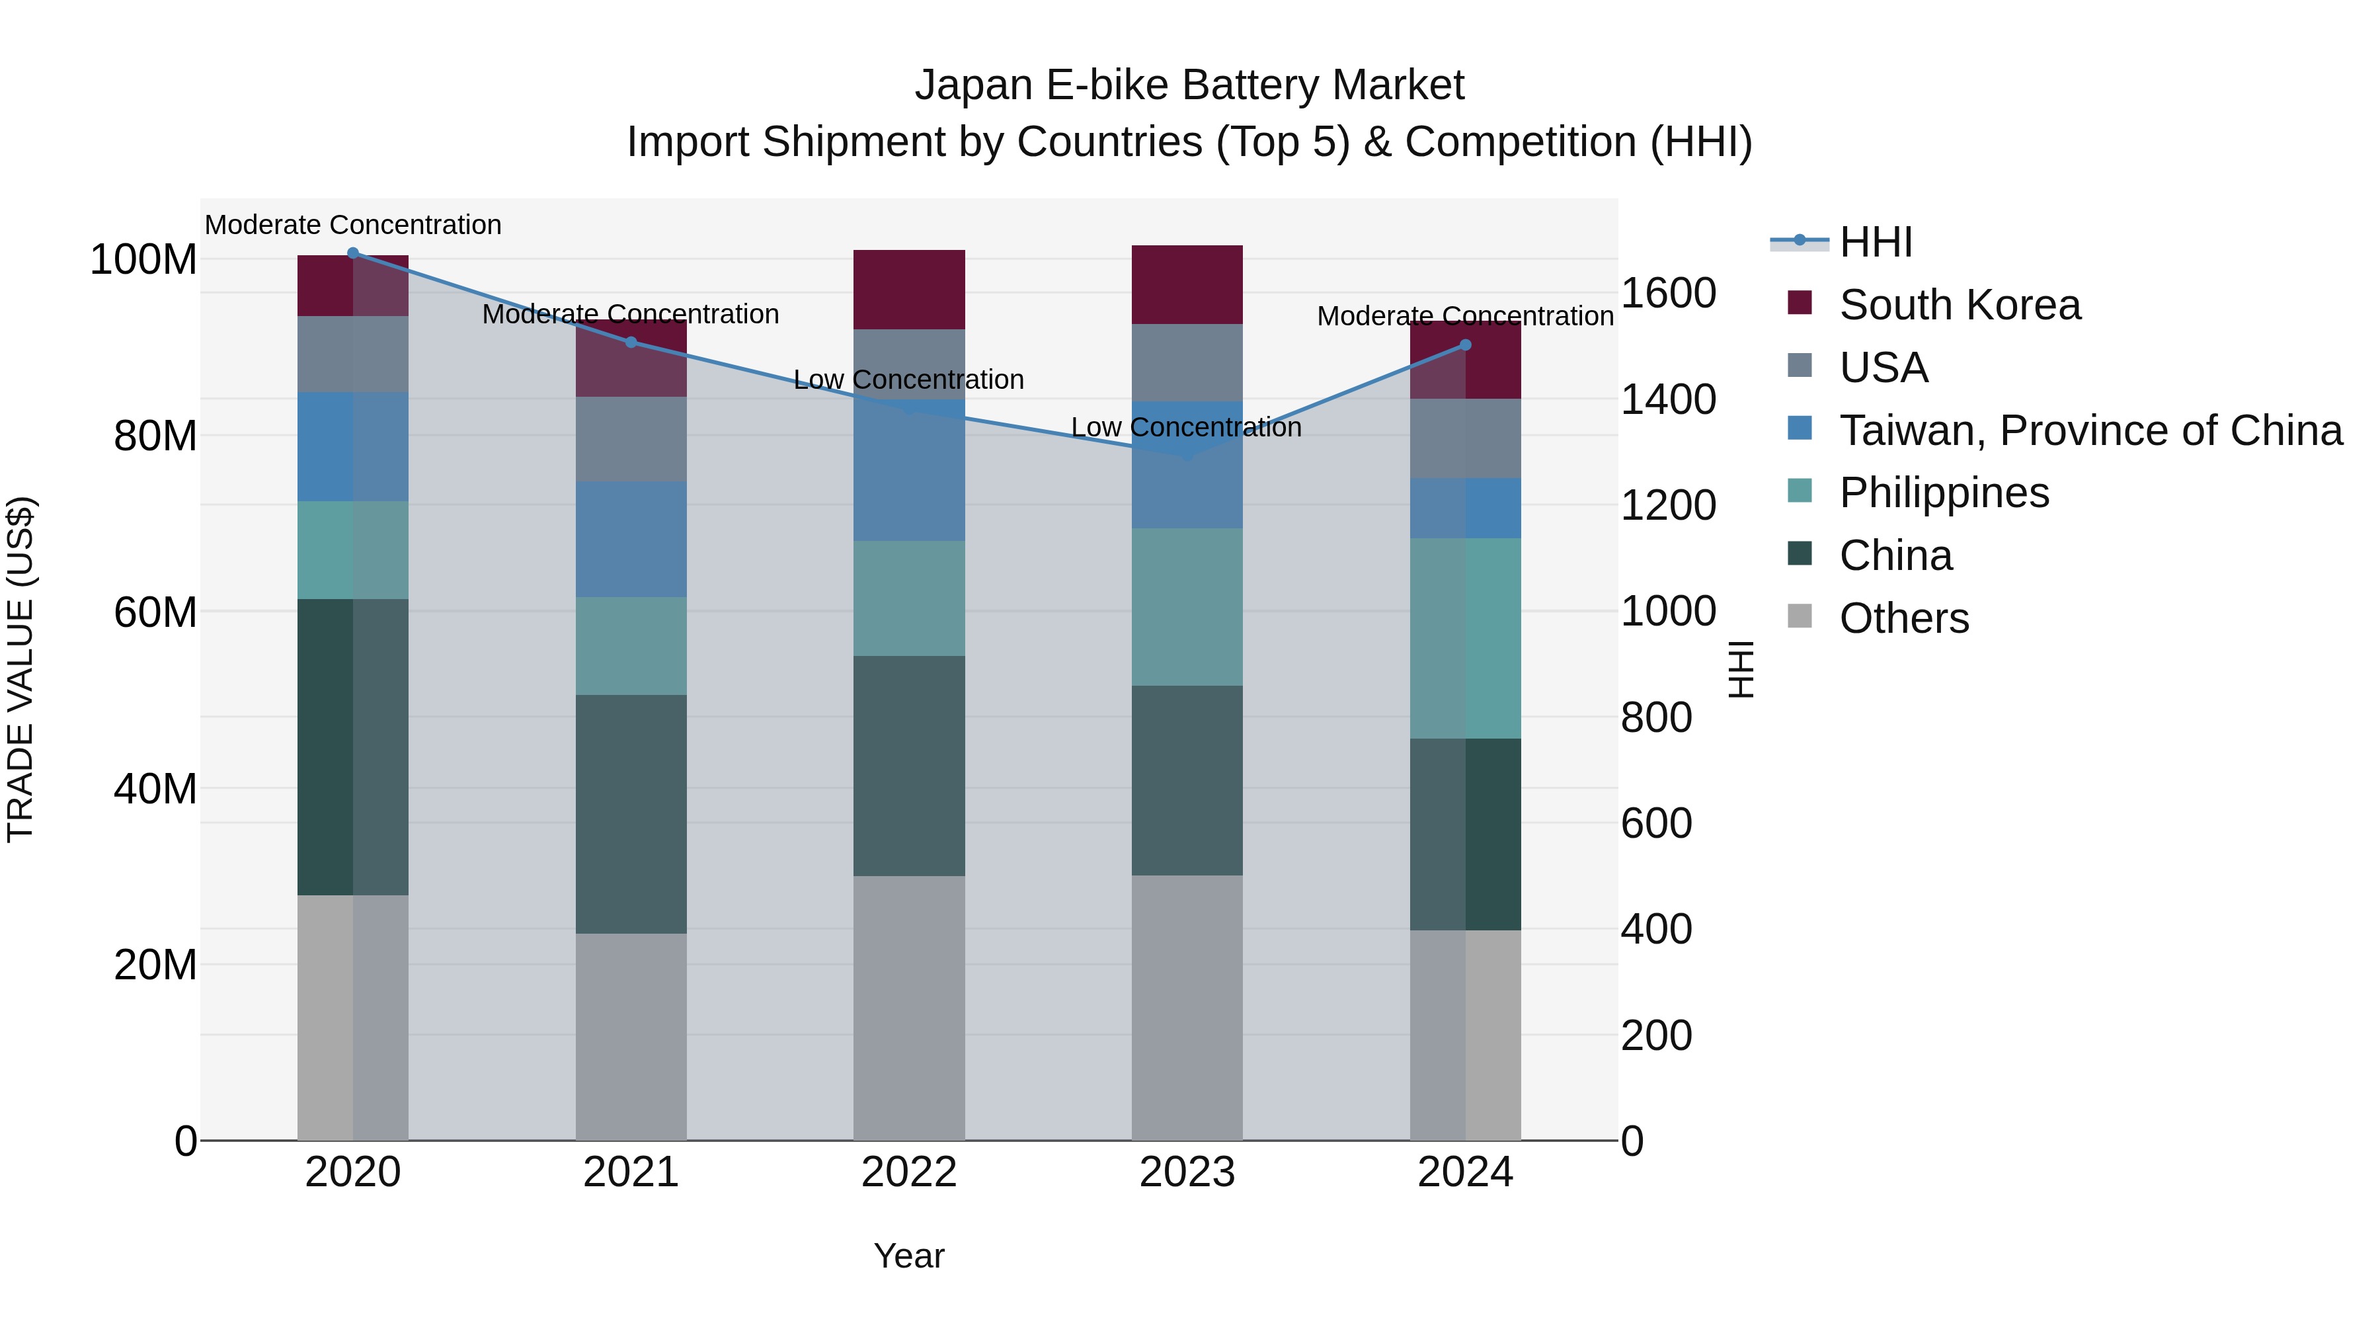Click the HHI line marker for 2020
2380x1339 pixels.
click(353, 253)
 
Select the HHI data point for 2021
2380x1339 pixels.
click(631, 342)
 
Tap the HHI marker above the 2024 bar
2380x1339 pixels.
click(1465, 345)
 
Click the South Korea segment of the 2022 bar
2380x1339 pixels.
click(909, 289)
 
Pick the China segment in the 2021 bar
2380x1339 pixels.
click(631, 813)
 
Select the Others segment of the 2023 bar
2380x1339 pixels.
click(1187, 1007)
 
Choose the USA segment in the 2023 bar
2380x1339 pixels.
click(1187, 362)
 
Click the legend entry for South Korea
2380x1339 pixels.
click(1959, 305)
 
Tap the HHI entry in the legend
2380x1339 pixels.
click(1876, 242)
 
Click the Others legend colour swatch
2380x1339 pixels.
click(1800, 616)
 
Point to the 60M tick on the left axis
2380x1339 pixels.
click(155, 612)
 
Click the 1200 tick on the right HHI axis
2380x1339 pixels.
click(1669, 505)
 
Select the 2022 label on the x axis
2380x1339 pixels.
click(909, 1172)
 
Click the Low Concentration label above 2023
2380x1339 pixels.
click(1186, 427)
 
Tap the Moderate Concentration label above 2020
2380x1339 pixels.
click(353, 225)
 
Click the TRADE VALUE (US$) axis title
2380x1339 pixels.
click(20, 669)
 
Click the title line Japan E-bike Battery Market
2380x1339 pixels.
click(1189, 85)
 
